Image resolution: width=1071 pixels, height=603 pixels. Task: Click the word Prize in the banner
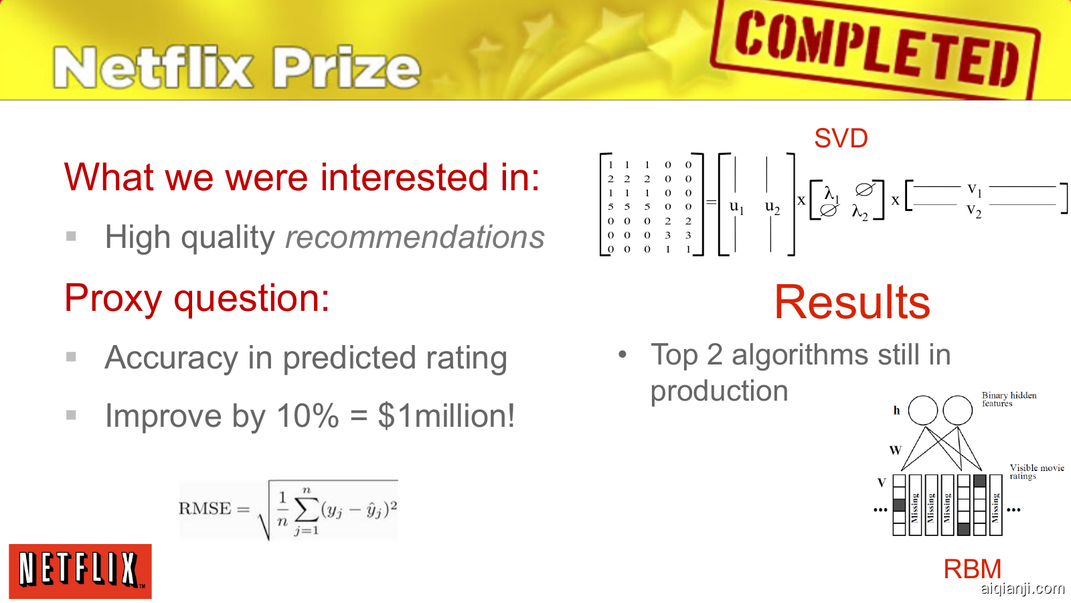point(347,68)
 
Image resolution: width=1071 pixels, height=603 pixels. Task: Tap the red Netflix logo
point(80,571)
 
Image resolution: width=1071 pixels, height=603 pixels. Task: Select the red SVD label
point(841,138)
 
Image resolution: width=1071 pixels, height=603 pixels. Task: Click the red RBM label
point(972,569)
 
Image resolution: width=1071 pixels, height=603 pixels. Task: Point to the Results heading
point(852,302)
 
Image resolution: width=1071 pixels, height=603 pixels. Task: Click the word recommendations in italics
point(414,237)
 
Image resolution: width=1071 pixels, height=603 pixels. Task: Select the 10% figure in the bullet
point(308,415)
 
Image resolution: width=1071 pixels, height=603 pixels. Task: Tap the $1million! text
point(446,415)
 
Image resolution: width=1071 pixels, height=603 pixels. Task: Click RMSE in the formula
point(204,508)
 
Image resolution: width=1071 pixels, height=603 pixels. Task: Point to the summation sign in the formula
point(307,511)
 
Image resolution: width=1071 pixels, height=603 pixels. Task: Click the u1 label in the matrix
point(736,207)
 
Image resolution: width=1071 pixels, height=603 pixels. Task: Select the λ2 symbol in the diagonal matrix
point(859,212)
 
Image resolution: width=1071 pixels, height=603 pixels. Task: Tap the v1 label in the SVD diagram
point(975,190)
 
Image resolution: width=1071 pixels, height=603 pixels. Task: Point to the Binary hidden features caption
point(1009,399)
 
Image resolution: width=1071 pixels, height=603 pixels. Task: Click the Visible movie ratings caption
point(1037,472)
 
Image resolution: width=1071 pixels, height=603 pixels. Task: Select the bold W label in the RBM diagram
point(895,450)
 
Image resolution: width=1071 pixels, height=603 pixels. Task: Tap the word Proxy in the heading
point(113,299)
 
